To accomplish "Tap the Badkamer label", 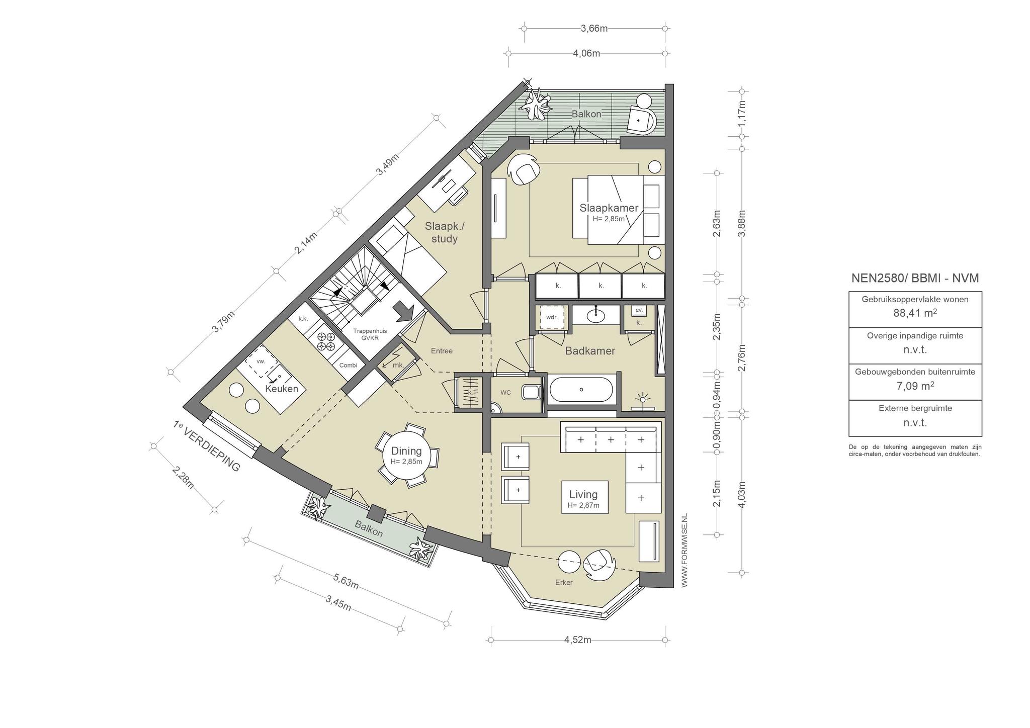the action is click(x=590, y=351).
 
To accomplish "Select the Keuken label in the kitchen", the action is click(x=282, y=389).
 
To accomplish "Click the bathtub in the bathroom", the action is click(x=581, y=390).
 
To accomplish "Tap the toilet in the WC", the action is click(x=531, y=392).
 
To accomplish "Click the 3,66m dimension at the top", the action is click(x=594, y=28).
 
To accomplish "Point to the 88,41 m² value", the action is click(x=915, y=313).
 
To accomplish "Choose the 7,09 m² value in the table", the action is click(x=915, y=386).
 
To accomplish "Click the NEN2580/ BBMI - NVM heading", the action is click(x=915, y=278).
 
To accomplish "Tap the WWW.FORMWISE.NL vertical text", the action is click(x=684, y=551).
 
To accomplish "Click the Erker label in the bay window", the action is click(x=564, y=583).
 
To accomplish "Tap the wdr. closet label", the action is click(x=552, y=317).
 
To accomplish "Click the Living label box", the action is click(x=584, y=497).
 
